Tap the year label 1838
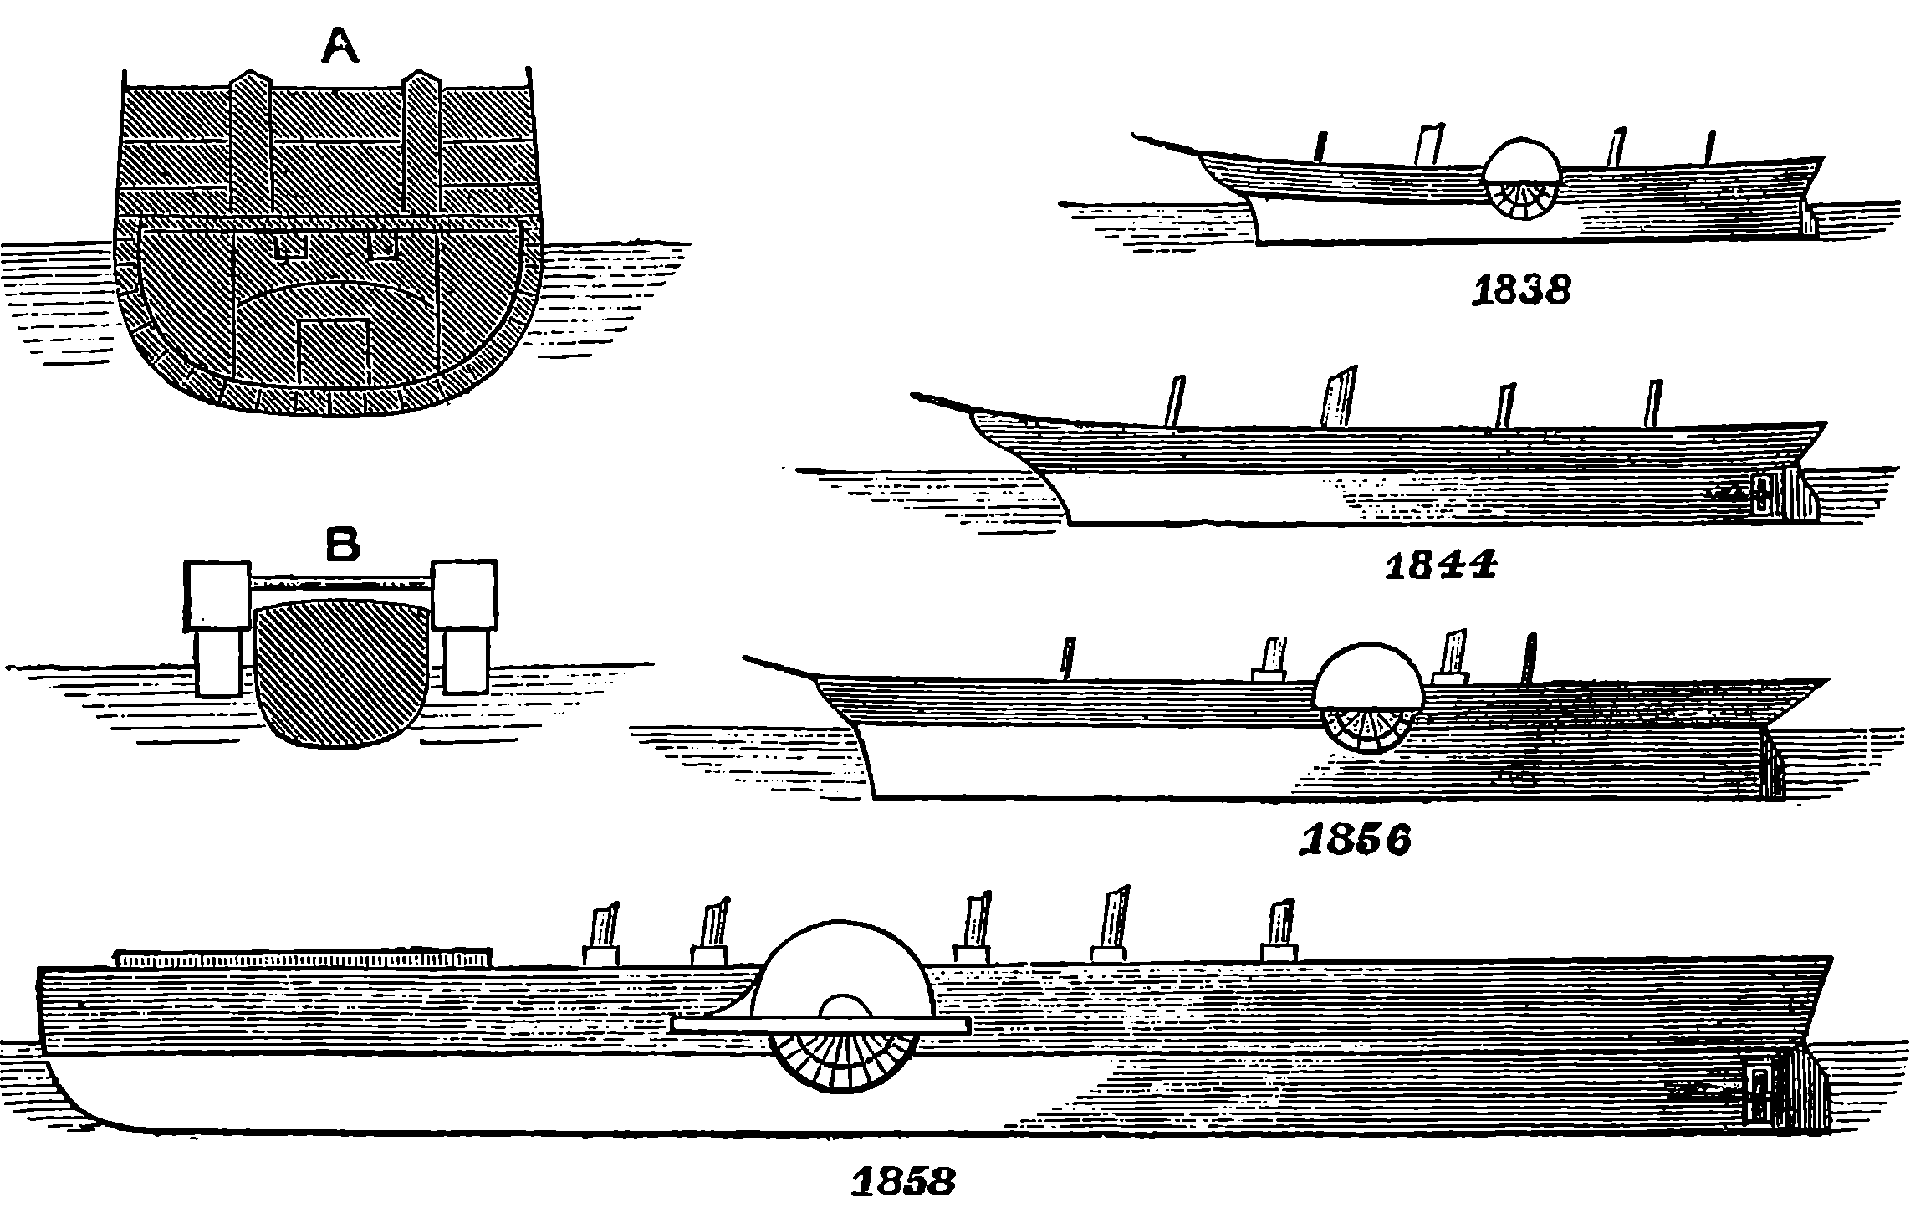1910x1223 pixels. point(1521,291)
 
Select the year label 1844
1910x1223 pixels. point(1440,566)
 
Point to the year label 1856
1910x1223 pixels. point(1355,839)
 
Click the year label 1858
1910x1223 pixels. point(903,1182)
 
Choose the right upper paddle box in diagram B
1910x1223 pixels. point(464,594)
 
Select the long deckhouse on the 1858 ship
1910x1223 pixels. point(303,958)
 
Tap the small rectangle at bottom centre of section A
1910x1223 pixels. point(335,351)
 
